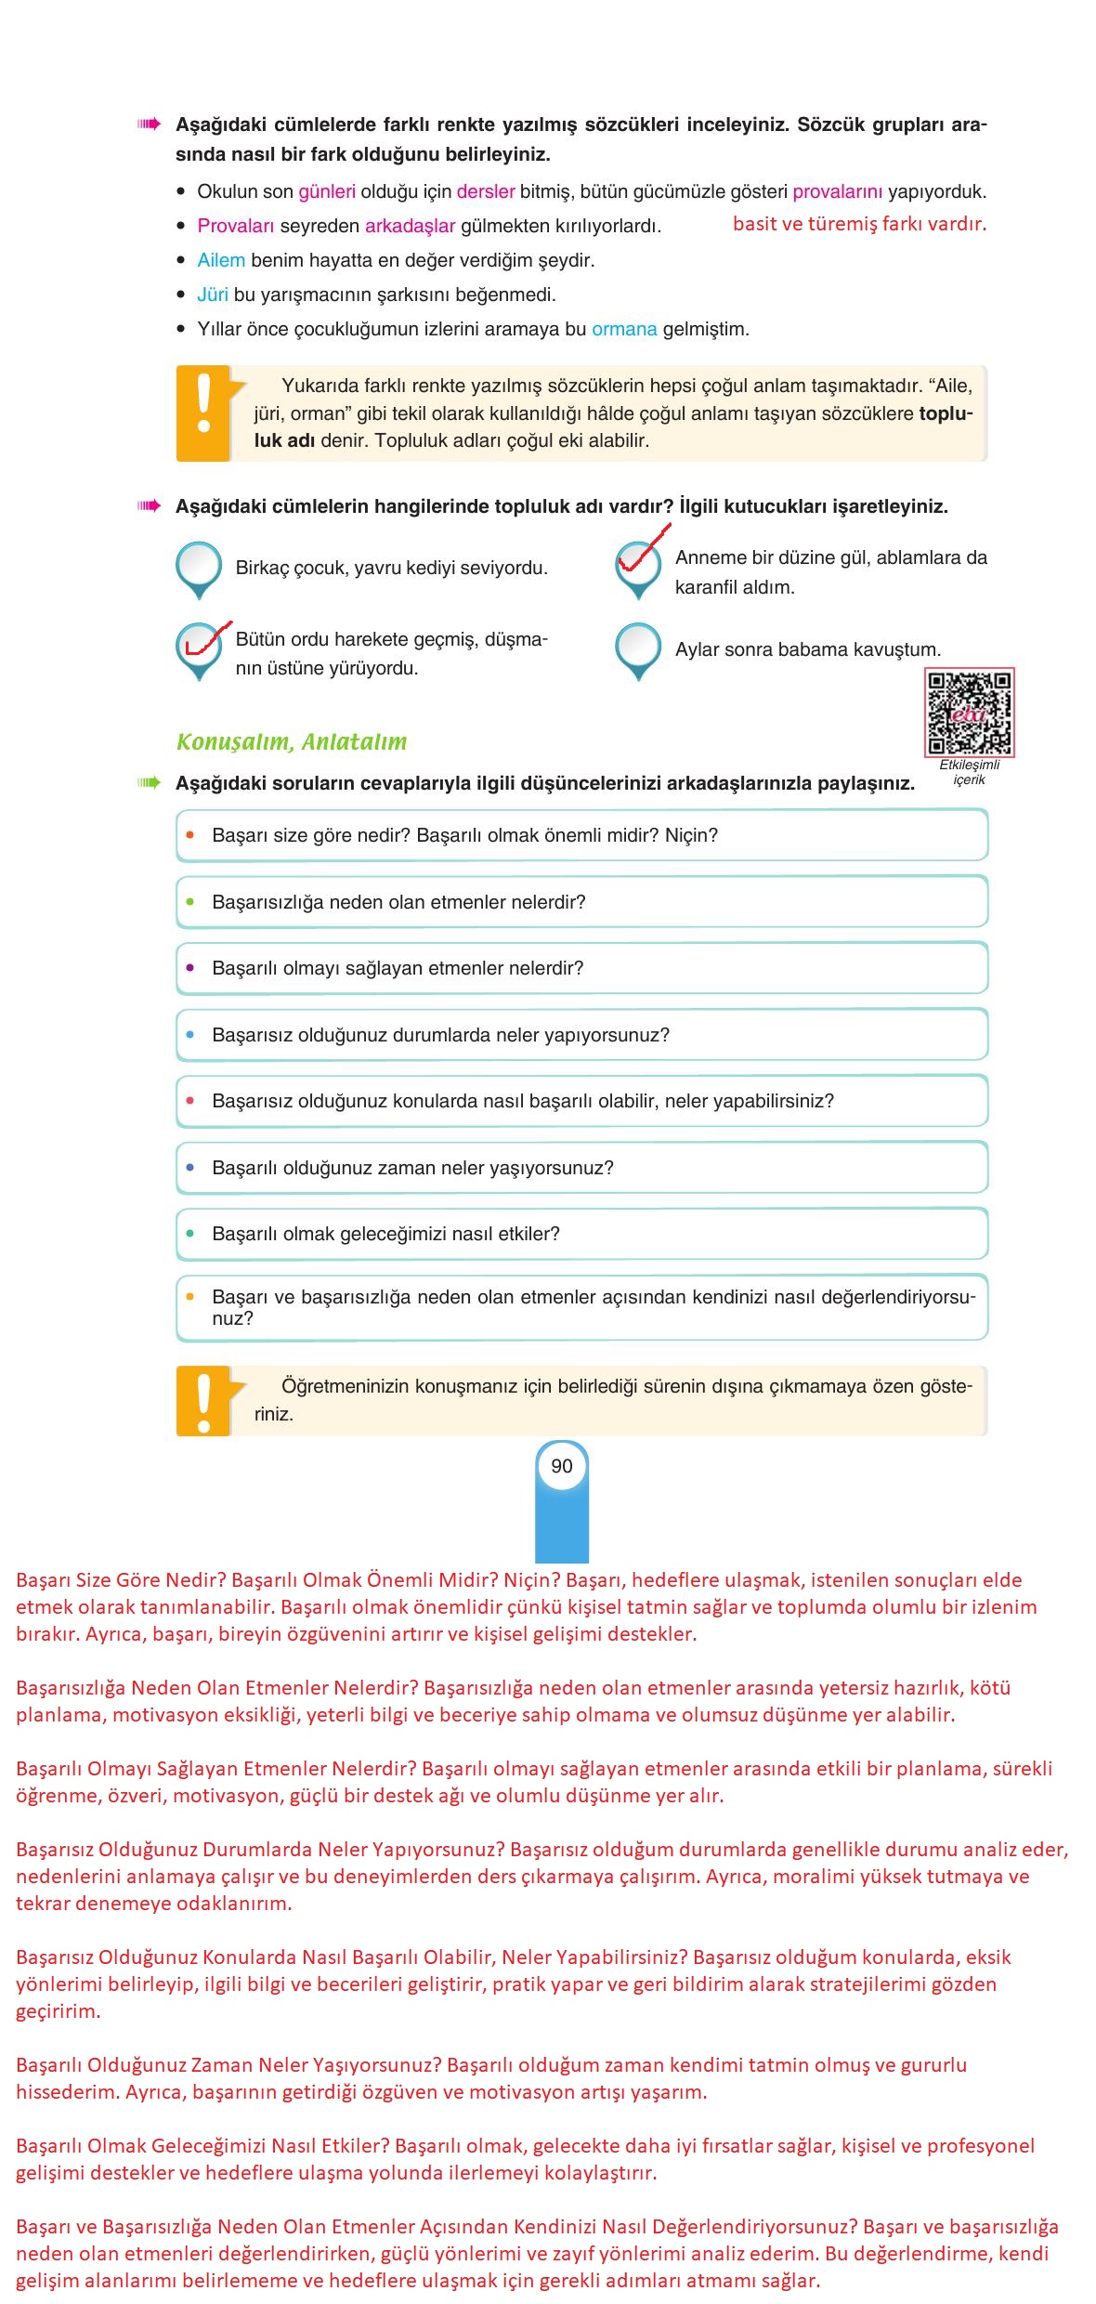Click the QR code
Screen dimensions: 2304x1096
(x=969, y=713)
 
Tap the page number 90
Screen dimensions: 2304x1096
(x=561, y=1466)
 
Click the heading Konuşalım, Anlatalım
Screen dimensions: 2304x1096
(x=292, y=742)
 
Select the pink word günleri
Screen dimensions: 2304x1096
(x=327, y=192)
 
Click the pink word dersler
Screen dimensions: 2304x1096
(x=485, y=192)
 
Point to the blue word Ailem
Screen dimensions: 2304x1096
(x=221, y=261)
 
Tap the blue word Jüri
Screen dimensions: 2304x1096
(x=213, y=295)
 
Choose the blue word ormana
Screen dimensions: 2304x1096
(x=624, y=330)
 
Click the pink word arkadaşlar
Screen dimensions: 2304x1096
(x=410, y=227)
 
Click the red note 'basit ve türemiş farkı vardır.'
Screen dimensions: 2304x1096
(x=859, y=224)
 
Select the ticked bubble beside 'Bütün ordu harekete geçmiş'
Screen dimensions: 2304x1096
(x=199, y=647)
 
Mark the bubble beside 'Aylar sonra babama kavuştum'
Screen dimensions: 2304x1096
(x=638, y=647)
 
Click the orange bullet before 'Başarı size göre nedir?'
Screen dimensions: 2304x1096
(x=190, y=835)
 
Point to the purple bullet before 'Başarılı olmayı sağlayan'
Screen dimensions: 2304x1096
(x=190, y=968)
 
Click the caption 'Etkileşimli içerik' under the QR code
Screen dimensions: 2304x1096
(x=969, y=772)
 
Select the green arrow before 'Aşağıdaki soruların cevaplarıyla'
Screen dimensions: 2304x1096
(x=149, y=783)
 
